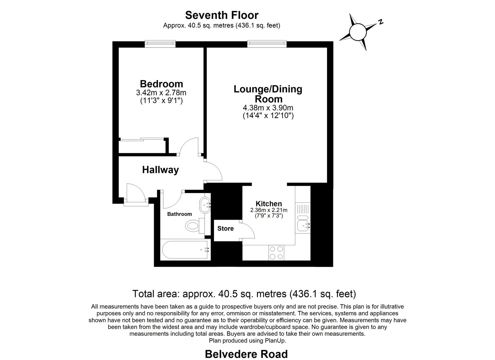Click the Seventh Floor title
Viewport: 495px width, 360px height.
point(222,15)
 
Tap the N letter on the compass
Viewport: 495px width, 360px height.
point(380,22)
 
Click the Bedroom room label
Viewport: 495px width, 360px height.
point(161,84)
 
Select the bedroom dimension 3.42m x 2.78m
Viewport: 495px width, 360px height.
point(161,93)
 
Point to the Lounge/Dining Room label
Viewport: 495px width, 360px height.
point(268,94)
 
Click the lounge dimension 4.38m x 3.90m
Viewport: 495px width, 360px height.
point(268,108)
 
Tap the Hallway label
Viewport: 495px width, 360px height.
point(160,170)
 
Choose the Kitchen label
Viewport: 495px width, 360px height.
point(269,204)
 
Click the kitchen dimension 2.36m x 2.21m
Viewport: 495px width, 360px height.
point(269,210)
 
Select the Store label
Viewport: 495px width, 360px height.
point(225,229)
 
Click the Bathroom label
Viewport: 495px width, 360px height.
point(179,214)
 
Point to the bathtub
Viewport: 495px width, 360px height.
point(185,250)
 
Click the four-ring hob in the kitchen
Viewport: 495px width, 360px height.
point(276,253)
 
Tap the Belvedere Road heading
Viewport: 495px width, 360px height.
point(246,354)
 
